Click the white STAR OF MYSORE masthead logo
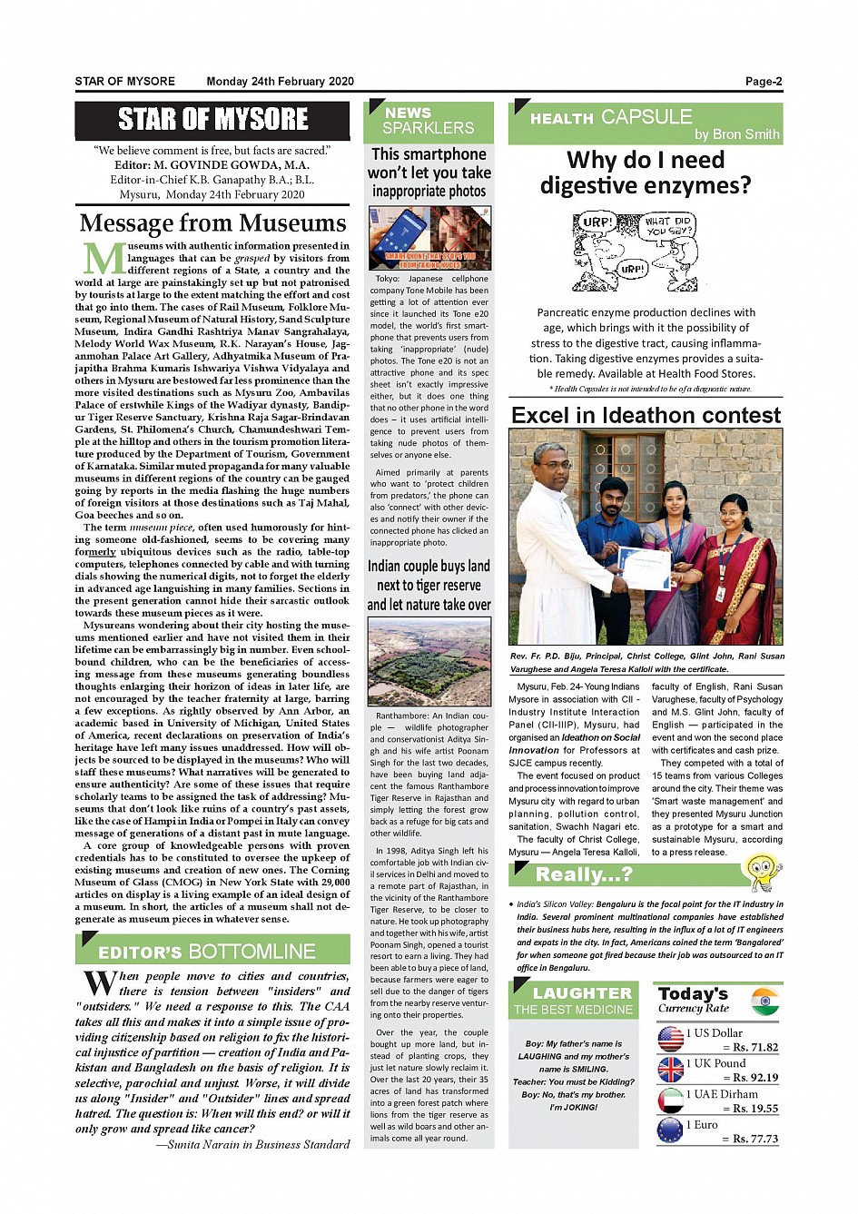click(x=212, y=119)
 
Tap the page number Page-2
click(x=763, y=82)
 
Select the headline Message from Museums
click(x=212, y=223)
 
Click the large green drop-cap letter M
click(x=102, y=259)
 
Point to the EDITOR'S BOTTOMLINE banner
click(x=212, y=951)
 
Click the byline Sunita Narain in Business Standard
click(x=252, y=1144)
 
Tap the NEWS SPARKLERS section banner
click(x=429, y=121)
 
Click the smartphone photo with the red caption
click(x=429, y=238)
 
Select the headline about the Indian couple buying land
click(x=429, y=585)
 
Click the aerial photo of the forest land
click(x=429, y=661)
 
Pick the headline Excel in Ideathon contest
click(x=646, y=416)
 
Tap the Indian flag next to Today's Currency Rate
click(x=765, y=1001)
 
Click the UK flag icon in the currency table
click(x=671, y=1070)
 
